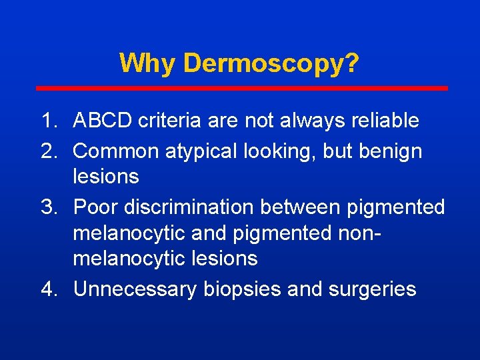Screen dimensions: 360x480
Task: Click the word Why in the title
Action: (x=147, y=64)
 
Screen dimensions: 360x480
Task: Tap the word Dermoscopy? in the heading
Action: (x=271, y=64)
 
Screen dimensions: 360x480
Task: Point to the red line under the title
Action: (x=241, y=88)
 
